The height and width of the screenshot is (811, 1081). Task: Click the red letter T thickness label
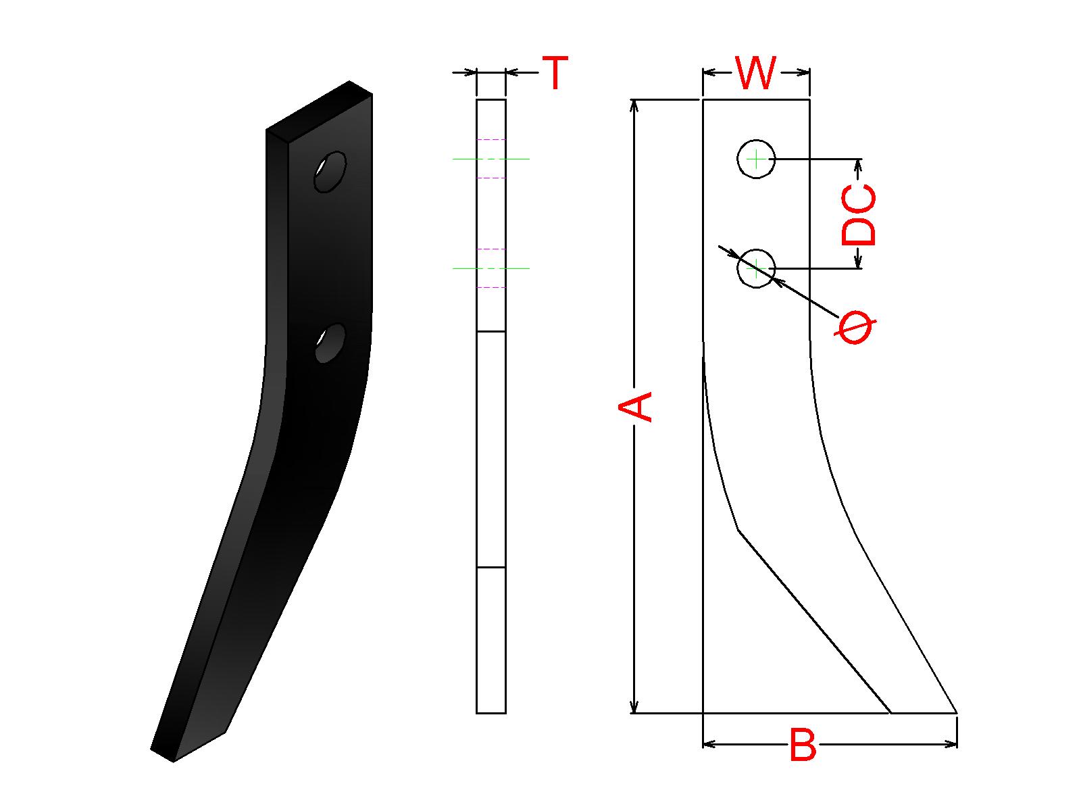555,72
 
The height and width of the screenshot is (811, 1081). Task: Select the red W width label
756,73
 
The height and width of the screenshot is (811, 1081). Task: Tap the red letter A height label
635,407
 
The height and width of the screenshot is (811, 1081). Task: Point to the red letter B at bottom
803,745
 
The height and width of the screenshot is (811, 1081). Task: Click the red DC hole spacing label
859,215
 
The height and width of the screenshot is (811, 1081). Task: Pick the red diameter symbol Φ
855,326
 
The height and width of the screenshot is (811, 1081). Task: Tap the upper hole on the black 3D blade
330,172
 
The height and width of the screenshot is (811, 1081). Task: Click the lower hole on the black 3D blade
330,343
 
